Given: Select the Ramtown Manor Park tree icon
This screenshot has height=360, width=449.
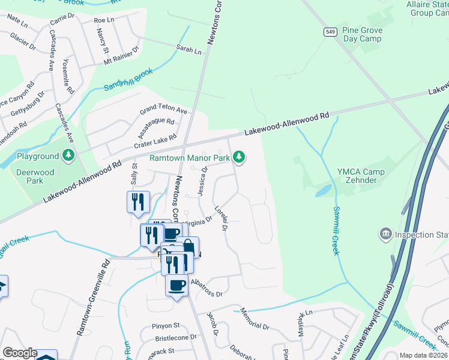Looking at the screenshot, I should click(x=240, y=157).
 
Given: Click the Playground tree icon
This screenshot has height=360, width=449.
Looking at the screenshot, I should click(x=69, y=157).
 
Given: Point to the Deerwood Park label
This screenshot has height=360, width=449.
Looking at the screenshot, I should click(x=35, y=176).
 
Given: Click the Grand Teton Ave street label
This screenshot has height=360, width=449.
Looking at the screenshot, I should click(x=164, y=110).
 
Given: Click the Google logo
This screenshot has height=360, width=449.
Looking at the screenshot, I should click(x=19, y=353).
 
